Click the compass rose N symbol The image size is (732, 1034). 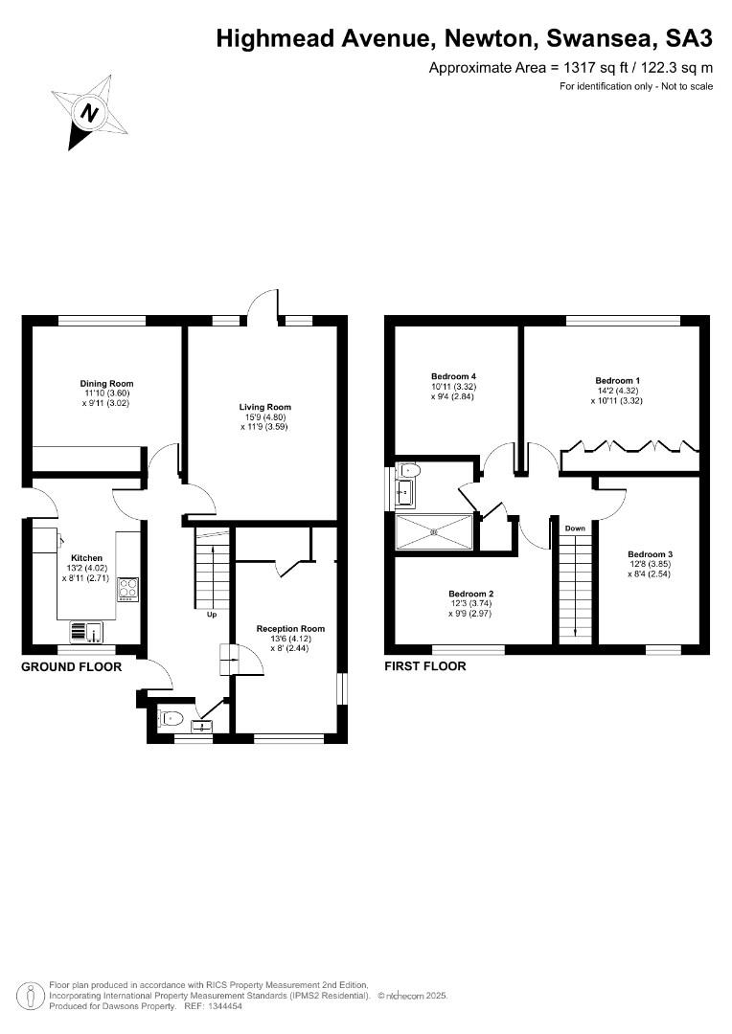point(89,112)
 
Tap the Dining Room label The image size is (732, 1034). point(107,384)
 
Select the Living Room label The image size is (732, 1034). point(264,407)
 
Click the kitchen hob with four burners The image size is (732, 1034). point(127,589)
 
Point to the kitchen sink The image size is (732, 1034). point(86,631)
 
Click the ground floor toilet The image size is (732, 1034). point(171,718)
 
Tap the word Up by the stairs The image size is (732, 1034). point(212,615)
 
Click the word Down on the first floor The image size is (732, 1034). point(575,528)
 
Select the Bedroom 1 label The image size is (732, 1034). point(618,380)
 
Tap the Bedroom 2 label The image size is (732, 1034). point(470,594)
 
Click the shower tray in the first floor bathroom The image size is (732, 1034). point(434,531)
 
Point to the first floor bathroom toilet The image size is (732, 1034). point(408,471)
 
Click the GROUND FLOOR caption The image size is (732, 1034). point(71,666)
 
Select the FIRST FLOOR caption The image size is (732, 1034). point(425,666)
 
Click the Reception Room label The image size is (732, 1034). point(290,628)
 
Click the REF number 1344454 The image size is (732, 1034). point(224,1006)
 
